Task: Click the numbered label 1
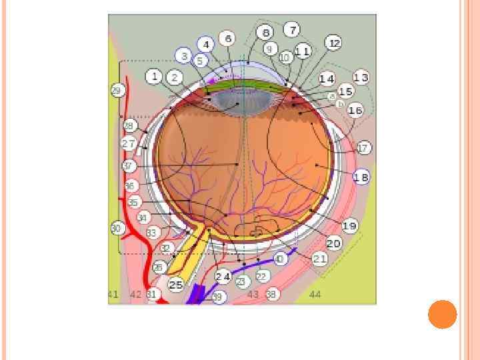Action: coord(154,77)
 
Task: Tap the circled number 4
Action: coord(207,45)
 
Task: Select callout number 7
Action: coord(291,30)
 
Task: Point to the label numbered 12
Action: coord(334,43)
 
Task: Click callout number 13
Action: coord(361,77)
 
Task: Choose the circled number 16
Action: coord(355,111)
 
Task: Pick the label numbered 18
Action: coord(361,177)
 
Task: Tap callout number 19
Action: coord(349,226)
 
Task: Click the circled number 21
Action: coord(320,258)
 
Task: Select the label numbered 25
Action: coord(175,285)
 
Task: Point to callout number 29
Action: coord(117,90)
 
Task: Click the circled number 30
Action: coord(117,228)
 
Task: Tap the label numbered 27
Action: coord(128,143)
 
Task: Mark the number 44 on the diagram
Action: coord(315,294)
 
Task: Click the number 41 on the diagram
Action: coord(113,294)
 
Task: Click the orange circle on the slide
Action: coord(442,315)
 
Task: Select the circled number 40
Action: coord(279,259)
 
